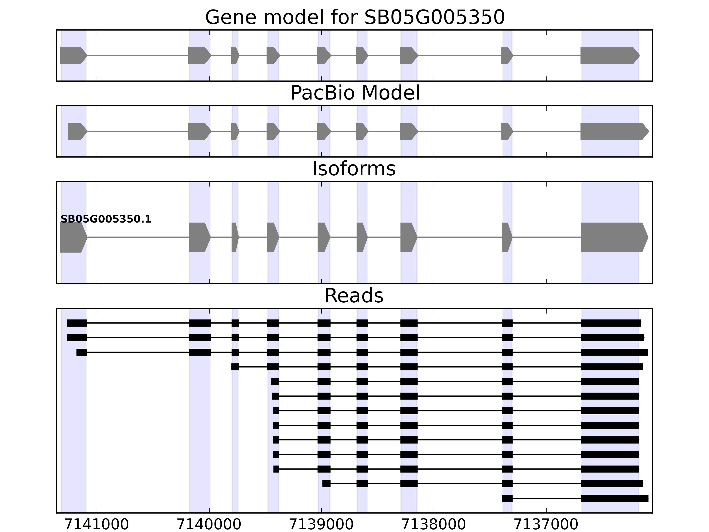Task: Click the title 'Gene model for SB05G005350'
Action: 355,17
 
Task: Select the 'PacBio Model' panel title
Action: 355,93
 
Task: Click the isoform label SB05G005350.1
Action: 106,219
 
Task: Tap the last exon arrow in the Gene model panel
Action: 609,55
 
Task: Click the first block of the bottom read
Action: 507,498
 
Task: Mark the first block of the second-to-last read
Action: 326,484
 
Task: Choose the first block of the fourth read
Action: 235,367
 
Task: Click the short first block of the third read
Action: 81,352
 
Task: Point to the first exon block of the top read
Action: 77,323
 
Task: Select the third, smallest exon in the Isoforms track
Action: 235,237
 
